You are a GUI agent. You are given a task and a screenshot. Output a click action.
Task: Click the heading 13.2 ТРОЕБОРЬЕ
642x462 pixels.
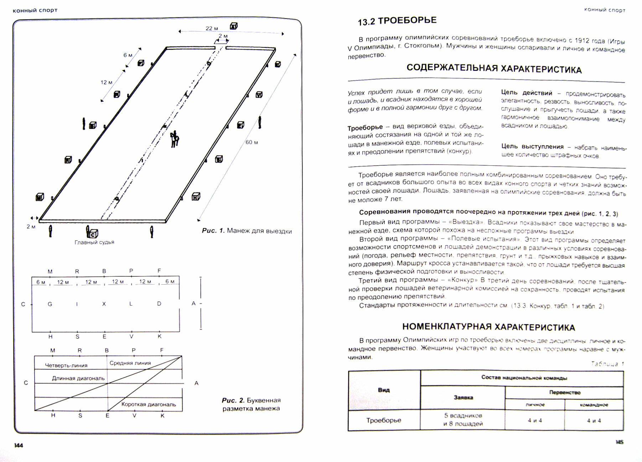397,21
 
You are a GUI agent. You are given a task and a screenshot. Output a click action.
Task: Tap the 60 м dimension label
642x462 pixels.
252,142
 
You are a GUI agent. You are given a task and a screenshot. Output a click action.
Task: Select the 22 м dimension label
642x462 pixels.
212,28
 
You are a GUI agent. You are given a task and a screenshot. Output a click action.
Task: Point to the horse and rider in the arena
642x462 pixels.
174,139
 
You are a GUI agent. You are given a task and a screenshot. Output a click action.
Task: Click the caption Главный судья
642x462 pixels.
94,242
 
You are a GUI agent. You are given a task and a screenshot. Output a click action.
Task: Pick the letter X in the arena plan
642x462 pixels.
104,304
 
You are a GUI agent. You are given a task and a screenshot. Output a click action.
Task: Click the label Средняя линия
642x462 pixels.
130,363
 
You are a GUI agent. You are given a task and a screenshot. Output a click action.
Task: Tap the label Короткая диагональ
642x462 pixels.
149,404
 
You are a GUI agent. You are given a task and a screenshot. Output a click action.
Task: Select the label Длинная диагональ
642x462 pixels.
78,378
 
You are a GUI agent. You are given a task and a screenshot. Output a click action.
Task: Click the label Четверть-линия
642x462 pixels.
66,365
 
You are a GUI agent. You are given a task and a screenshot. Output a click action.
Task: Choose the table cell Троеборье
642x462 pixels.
384,420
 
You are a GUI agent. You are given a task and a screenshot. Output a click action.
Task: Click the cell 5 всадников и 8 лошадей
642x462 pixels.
463,420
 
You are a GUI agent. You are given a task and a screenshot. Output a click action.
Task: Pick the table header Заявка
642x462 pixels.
463,397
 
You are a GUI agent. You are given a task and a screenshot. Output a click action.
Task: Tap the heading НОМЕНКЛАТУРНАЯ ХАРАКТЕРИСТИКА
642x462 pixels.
488,327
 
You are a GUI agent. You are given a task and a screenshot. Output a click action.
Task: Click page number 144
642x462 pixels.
19,445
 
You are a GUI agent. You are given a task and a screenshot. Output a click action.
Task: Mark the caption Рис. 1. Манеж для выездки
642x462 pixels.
247,231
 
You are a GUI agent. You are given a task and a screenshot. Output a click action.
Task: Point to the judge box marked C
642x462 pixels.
93,234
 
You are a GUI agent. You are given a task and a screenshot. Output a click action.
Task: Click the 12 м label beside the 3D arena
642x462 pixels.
106,82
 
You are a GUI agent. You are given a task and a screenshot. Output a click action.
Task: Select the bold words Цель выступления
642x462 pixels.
532,146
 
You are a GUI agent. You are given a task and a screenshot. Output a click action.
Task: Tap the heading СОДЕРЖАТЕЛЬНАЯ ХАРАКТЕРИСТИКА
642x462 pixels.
494,69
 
